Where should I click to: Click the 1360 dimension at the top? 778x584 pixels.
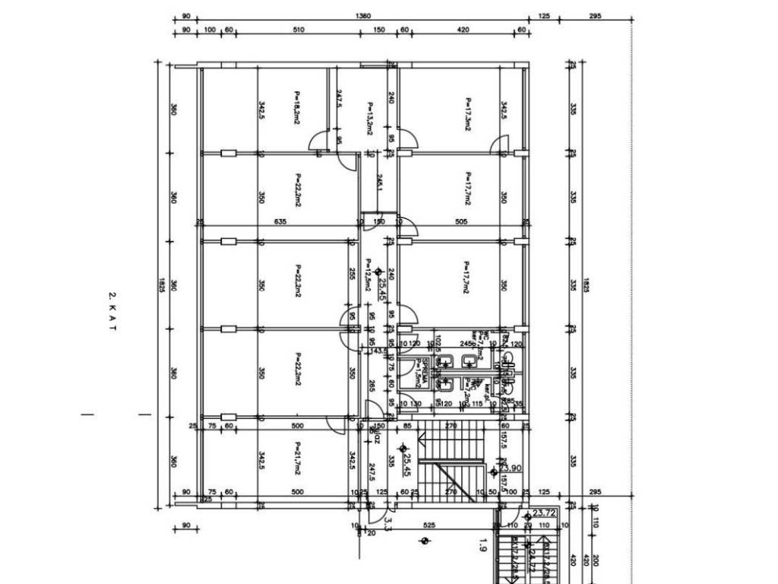(x=363, y=15)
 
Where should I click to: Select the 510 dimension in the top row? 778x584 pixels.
(x=298, y=30)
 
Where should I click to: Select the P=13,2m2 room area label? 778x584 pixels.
(x=369, y=119)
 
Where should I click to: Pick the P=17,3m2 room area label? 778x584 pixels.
(x=468, y=114)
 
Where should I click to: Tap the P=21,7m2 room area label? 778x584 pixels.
(x=297, y=462)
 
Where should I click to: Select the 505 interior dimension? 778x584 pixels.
(x=460, y=222)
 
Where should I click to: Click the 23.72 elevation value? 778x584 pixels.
(x=544, y=513)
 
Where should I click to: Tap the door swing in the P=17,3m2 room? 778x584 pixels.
(x=499, y=143)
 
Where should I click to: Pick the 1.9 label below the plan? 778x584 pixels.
(x=482, y=544)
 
